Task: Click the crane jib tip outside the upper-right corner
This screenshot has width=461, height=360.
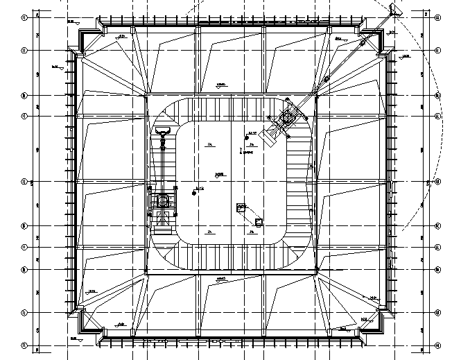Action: tap(394, 10)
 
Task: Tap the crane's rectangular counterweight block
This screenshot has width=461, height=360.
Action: tap(269, 139)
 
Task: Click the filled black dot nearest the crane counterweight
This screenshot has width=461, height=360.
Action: tap(247, 136)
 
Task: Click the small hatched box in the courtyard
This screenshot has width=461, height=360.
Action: tap(241, 206)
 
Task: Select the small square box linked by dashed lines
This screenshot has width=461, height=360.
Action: tap(259, 223)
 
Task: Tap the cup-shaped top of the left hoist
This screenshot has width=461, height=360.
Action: tap(164, 131)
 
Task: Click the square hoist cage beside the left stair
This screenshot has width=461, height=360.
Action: tap(164, 202)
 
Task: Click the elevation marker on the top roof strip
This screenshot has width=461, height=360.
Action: tap(220, 86)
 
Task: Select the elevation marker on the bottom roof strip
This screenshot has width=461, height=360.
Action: tap(220, 280)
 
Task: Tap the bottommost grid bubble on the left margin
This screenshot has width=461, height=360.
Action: tap(24, 345)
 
